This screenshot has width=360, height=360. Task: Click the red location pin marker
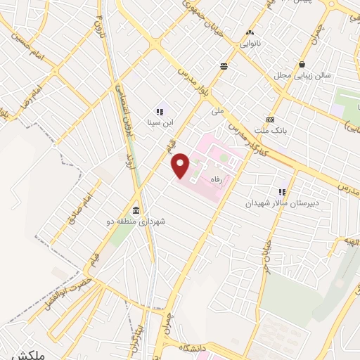pos(181,166)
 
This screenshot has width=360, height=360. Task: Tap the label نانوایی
pos(250,44)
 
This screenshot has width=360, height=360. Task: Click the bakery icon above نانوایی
pos(250,32)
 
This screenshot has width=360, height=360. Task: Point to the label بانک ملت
pos(271,129)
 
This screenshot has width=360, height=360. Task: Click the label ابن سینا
pos(160,122)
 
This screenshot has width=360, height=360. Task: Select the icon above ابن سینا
pos(160,110)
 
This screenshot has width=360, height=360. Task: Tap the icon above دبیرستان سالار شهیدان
pos(282,191)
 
